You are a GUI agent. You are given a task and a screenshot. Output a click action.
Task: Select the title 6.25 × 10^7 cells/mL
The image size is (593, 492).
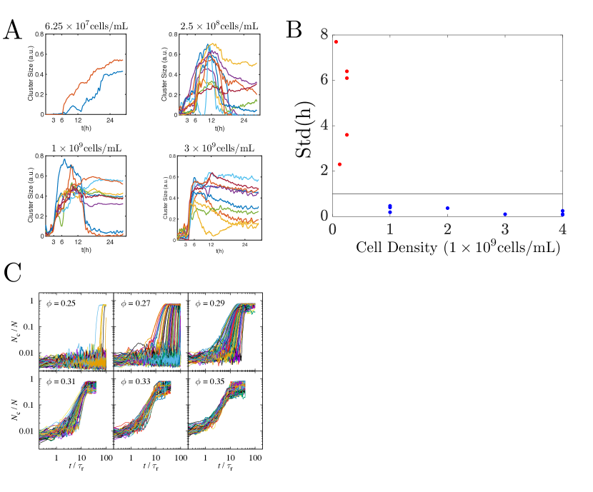(x=86, y=27)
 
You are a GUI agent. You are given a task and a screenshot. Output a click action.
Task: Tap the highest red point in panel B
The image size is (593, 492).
(x=336, y=42)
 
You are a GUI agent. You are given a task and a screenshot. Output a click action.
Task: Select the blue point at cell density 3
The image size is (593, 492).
(x=505, y=214)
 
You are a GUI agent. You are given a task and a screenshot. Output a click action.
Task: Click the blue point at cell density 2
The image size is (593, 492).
(x=447, y=208)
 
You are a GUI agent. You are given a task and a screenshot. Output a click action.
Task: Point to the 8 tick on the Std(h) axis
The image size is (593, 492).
(x=324, y=34)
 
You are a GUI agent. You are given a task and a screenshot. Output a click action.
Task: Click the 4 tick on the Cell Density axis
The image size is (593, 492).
(x=562, y=229)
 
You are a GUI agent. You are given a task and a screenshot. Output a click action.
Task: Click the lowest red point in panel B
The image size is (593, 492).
(x=339, y=164)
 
